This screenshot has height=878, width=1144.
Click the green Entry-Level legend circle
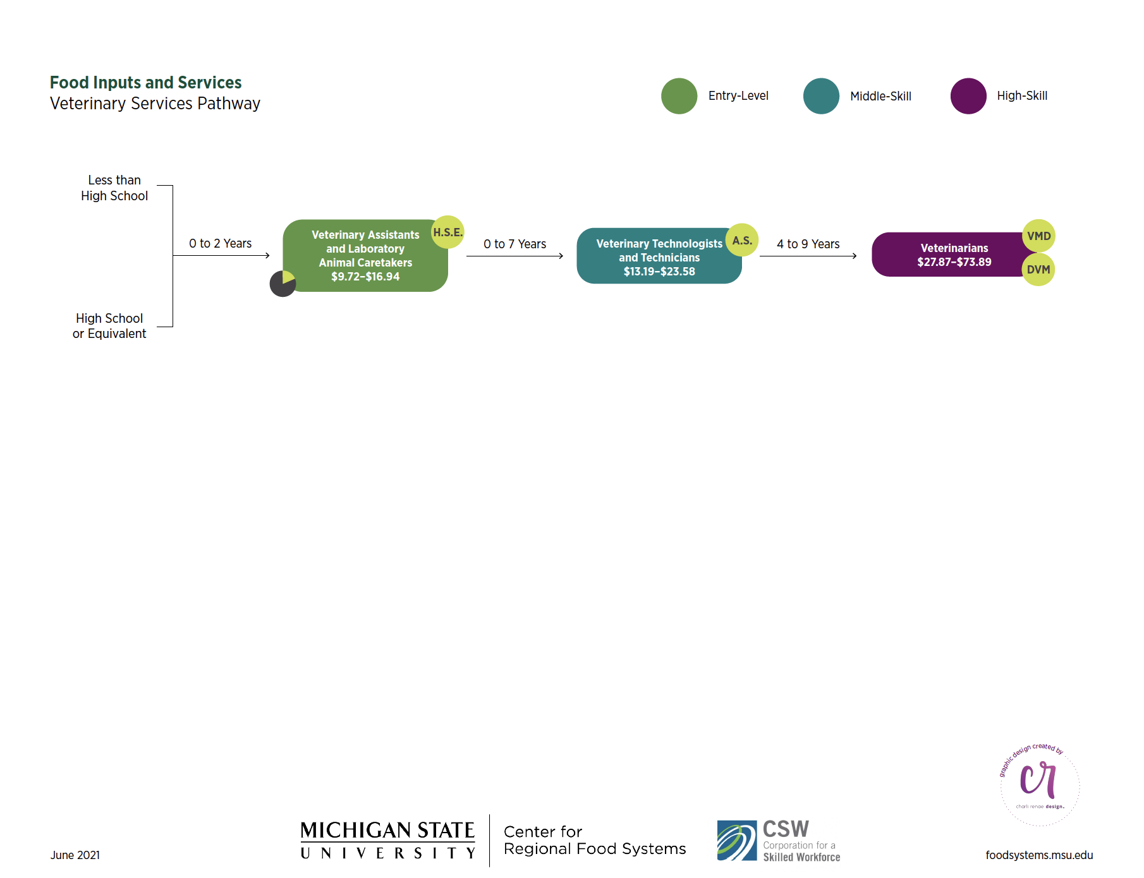pos(679,96)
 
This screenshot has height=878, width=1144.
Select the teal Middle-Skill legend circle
pos(821,96)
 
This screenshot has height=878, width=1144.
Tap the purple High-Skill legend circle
pos(968,96)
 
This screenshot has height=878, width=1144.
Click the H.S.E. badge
pos(447,232)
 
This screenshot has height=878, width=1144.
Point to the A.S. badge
pos(742,240)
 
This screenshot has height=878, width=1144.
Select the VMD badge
pos(1038,236)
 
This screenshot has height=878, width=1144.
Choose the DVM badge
pos(1038,270)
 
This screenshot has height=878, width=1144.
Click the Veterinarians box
pos(948,255)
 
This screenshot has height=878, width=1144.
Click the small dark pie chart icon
pos(283,284)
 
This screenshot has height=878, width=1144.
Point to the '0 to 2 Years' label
pos(220,243)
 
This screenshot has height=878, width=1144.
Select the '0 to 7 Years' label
pos(514,244)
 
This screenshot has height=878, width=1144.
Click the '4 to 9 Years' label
pos(808,244)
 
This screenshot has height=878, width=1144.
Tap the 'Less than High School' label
pos(114,188)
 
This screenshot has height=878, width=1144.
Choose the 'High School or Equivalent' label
pos(109,326)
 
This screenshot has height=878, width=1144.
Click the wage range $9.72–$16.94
pos(365,277)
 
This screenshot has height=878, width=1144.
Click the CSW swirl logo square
pos(736,840)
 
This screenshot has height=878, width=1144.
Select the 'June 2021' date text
pos(75,855)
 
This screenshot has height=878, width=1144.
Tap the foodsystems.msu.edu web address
pos(1038,855)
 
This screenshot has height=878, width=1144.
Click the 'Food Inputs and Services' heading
pos(145,83)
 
